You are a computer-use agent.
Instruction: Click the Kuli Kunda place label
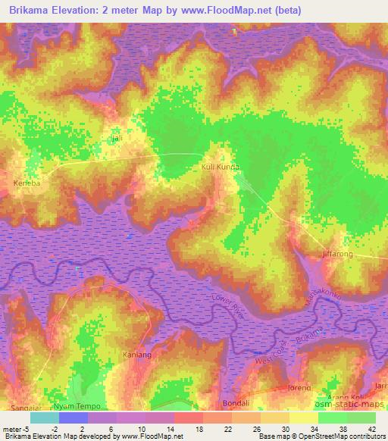[221, 167]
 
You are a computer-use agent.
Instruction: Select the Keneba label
[27, 183]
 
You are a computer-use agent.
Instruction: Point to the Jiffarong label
[337, 255]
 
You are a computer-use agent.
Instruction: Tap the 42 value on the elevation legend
[371, 428]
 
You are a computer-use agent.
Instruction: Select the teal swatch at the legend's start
[45, 418]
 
